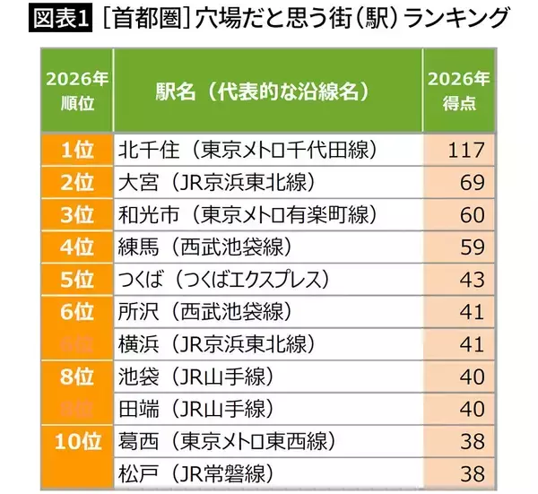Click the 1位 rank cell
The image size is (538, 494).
pyautogui.click(x=77, y=150)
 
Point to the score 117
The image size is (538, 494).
pyautogui.click(x=465, y=150)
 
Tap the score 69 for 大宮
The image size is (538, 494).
pyautogui.click(x=472, y=182)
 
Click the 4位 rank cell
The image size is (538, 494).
pyautogui.click(x=77, y=247)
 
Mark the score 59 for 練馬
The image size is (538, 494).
pyautogui.click(x=472, y=247)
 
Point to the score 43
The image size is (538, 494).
pyautogui.click(x=472, y=280)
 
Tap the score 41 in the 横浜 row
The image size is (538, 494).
pyautogui.click(x=472, y=344)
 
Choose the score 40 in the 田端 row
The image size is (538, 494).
pyautogui.click(x=472, y=409)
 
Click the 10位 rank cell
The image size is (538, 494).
pyautogui.click(x=77, y=441)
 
